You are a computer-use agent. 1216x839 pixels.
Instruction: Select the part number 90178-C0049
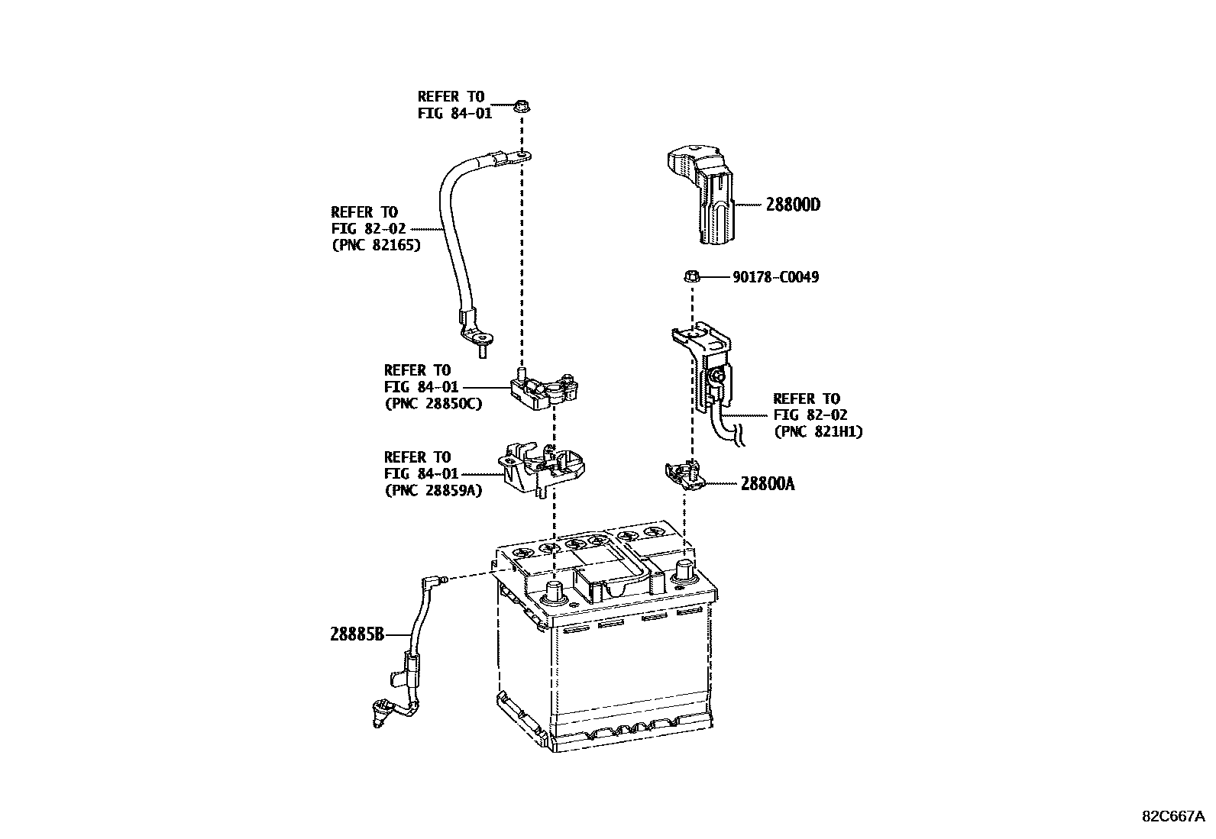tap(775, 277)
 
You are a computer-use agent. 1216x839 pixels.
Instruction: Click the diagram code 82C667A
tap(1172, 815)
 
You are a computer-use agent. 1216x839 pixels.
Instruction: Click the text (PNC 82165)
tap(375, 245)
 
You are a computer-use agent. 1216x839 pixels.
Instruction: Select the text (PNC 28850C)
tap(433, 404)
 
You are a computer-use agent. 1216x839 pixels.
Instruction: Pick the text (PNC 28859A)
tap(433, 490)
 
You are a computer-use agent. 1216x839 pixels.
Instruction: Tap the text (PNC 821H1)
tap(817, 431)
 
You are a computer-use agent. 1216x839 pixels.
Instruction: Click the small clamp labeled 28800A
tap(683, 476)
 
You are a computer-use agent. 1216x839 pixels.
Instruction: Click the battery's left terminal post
tap(554, 591)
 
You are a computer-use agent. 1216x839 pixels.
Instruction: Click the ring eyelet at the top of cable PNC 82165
tap(522, 157)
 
